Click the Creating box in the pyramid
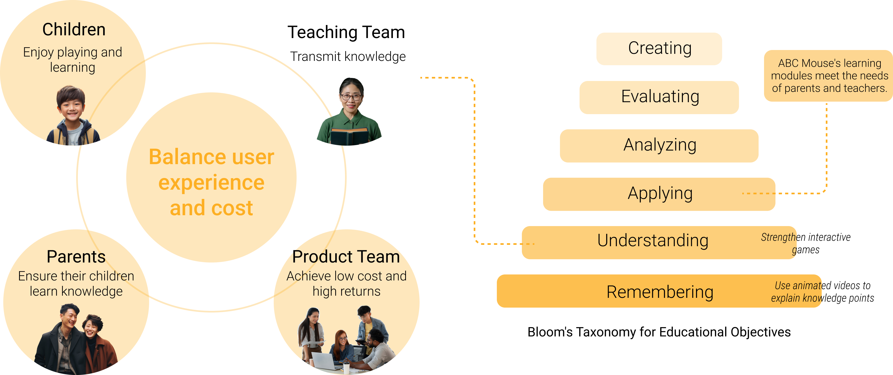(x=659, y=49)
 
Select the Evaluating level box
(x=659, y=97)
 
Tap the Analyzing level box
(x=659, y=146)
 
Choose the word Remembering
(x=660, y=292)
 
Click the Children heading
(x=74, y=29)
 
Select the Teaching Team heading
(x=346, y=32)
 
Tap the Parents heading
(x=76, y=257)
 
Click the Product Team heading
(x=346, y=257)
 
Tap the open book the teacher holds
(x=349, y=136)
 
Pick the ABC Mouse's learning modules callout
(x=829, y=76)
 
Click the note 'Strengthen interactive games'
(x=806, y=243)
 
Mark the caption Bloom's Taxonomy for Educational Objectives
(x=659, y=332)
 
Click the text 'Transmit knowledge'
(x=348, y=57)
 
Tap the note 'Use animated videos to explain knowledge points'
(x=822, y=292)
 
